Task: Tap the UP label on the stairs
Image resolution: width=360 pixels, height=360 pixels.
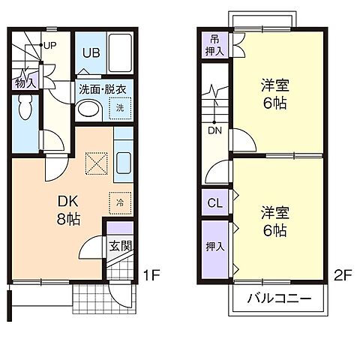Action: [x=50, y=45]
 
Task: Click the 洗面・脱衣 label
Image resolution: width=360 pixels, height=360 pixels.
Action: [x=103, y=88]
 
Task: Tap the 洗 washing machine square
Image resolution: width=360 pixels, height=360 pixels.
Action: [x=118, y=109]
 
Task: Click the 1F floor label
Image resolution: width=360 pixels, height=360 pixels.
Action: [x=151, y=274]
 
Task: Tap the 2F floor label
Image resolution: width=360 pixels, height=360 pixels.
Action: [x=343, y=274]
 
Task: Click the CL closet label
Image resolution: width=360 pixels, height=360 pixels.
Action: [x=214, y=202]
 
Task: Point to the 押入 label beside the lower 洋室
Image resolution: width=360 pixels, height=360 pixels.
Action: [x=214, y=245]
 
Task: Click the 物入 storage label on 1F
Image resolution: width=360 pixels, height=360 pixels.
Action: [x=25, y=82]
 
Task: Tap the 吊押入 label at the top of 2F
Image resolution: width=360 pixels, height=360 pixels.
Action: [x=214, y=46]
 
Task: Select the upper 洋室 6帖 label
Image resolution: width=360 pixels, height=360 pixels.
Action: [x=276, y=95]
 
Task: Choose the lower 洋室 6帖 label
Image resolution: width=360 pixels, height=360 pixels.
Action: [x=275, y=221]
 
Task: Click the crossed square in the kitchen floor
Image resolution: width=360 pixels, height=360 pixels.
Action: [x=96, y=163]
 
